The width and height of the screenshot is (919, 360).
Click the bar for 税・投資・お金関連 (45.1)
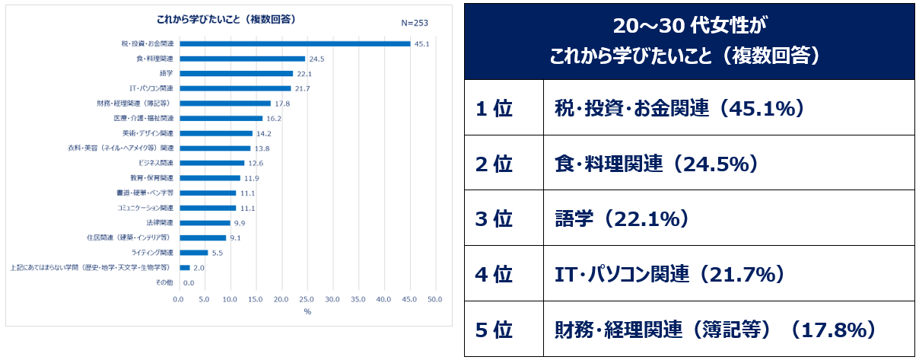click(294, 43)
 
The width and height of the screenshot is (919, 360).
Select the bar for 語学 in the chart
click(236, 73)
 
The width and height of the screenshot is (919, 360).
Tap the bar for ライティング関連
click(193, 252)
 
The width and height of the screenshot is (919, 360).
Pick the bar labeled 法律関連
click(205, 222)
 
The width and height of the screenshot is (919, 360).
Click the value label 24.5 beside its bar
click(316, 59)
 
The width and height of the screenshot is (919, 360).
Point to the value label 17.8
click(282, 104)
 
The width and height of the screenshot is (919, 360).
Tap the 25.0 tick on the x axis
click(307, 299)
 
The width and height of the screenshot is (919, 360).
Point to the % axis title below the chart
click(307, 311)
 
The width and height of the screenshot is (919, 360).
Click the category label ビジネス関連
click(156, 163)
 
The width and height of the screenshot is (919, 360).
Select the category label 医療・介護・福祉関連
click(144, 118)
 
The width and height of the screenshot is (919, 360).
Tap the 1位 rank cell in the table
click(494, 109)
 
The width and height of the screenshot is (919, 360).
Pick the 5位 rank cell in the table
click(494, 330)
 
